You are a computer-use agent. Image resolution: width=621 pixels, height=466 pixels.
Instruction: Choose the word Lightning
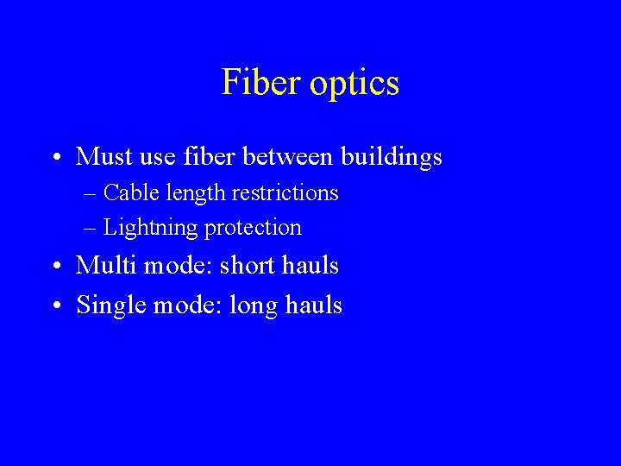coord(149,228)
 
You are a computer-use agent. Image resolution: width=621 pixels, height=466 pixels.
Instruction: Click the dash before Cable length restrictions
coord(91,193)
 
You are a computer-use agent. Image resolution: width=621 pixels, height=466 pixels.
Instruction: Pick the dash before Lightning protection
coord(91,229)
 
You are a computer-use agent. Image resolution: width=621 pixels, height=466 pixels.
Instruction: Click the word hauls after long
coord(317,305)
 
